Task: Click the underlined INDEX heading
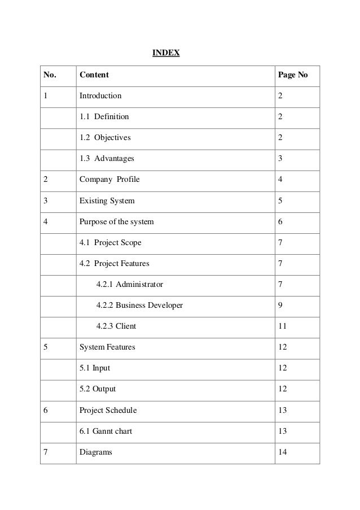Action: pyautogui.click(x=166, y=53)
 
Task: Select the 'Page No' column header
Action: pyautogui.click(x=292, y=75)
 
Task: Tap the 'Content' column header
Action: pyautogui.click(x=94, y=75)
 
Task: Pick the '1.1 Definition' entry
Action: pyautogui.click(x=104, y=117)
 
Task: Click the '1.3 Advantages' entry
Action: pyautogui.click(x=107, y=159)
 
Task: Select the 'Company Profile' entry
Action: pyautogui.click(x=109, y=180)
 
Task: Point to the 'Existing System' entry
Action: pyautogui.click(x=107, y=200)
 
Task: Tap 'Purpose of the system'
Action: pyautogui.click(x=116, y=221)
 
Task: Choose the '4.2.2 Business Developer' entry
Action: pyautogui.click(x=139, y=305)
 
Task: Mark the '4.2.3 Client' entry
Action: pyautogui.click(x=116, y=326)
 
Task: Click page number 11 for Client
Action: pyautogui.click(x=282, y=326)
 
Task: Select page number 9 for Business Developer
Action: pyautogui.click(x=280, y=305)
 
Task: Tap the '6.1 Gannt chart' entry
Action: pyautogui.click(x=106, y=431)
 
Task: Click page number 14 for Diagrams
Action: pyautogui.click(x=283, y=452)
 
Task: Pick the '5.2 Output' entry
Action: pyautogui.click(x=98, y=389)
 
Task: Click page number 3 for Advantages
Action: pyautogui.click(x=280, y=159)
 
